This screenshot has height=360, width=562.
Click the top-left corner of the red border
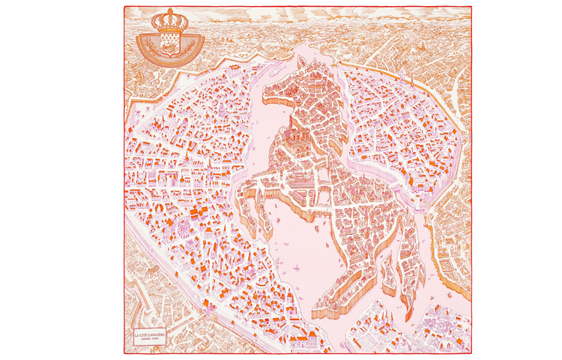click(x=124, y=7)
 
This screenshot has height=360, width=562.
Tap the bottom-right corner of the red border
click(x=472, y=352)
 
